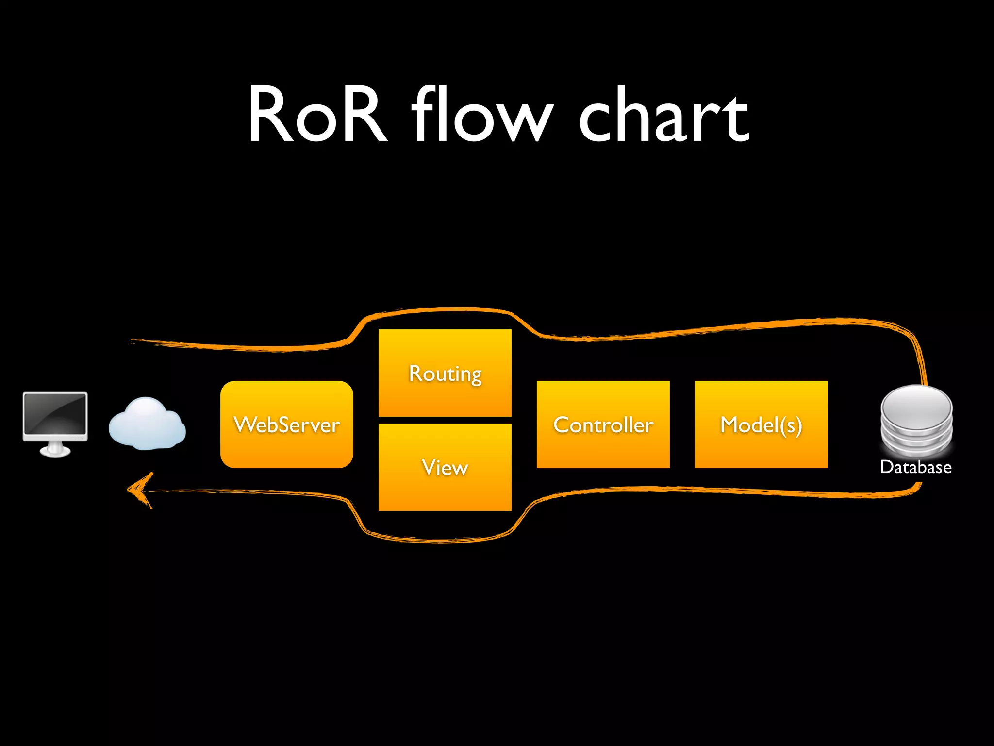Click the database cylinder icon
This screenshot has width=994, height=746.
click(x=916, y=421)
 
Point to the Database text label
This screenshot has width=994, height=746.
click(x=915, y=467)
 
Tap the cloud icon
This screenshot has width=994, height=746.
click(x=147, y=424)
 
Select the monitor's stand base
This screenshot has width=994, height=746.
click(x=55, y=452)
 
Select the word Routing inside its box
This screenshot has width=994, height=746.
click(x=445, y=374)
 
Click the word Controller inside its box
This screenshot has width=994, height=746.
click(x=603, y=425)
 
